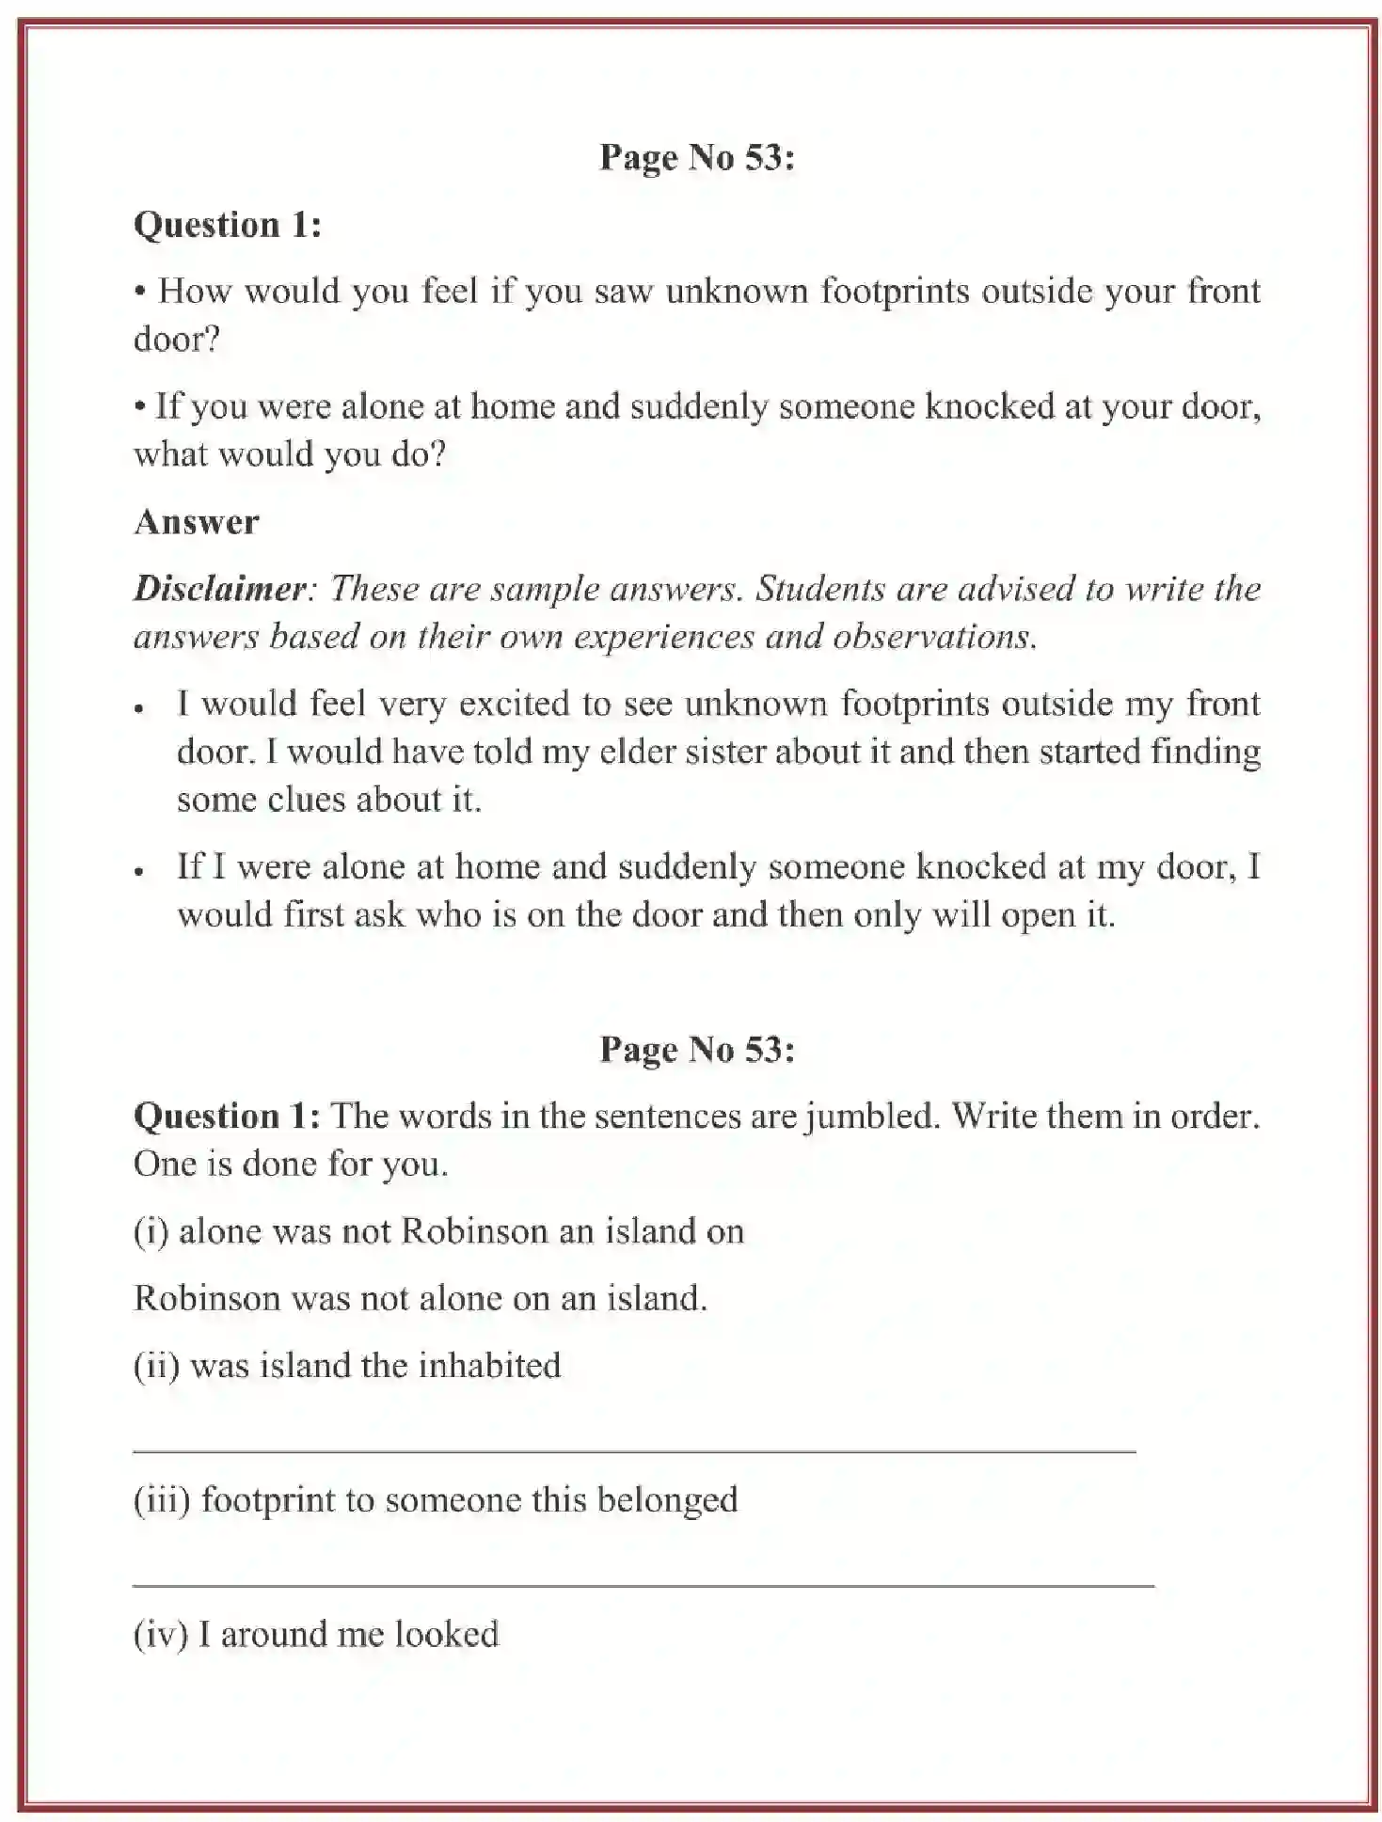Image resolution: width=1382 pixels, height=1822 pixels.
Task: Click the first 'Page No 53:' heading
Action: coord(696,158)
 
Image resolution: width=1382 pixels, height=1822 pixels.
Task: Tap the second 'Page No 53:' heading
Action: coord(696,1050)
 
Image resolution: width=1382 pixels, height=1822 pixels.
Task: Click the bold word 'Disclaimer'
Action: coord(219,590)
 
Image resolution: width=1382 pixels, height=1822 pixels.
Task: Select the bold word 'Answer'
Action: coord(196,522)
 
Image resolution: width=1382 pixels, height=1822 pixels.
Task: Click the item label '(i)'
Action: coord(151,1232)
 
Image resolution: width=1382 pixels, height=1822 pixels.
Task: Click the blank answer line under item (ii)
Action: coord(633,1451)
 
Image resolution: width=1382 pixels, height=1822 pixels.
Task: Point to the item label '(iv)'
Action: coord(160,1635)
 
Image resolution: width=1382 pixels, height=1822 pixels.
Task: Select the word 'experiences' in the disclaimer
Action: coord(664,638)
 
